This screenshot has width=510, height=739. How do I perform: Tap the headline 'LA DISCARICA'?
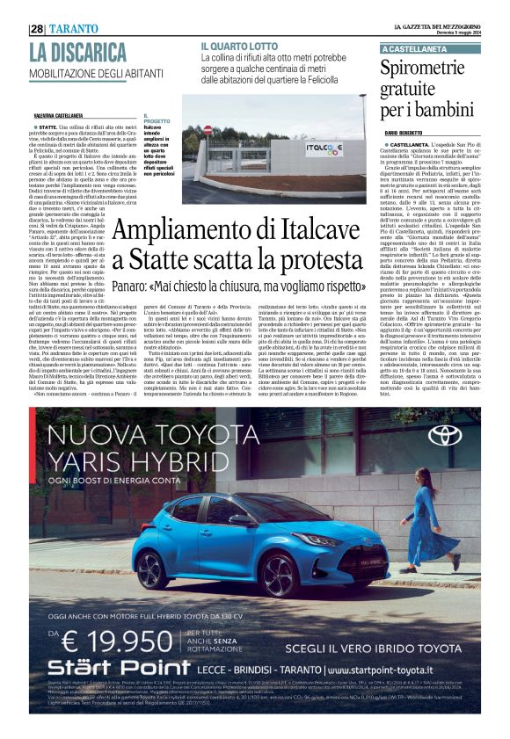[x=77, y=53]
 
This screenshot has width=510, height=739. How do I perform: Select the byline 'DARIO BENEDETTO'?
[x=410, y=131]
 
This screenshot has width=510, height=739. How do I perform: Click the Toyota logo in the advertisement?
[x=443, y=434]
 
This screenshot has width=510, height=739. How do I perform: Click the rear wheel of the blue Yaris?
[x=151, y=565]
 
